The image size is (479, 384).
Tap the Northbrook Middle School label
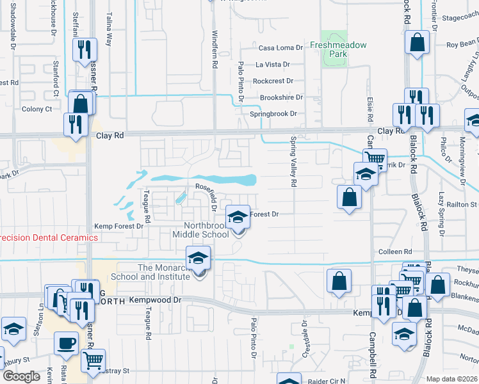(206, 230)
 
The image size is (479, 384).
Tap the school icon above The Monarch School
(198, 258)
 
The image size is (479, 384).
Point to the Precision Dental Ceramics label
(49, 237)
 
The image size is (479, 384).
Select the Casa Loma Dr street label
(279, 48)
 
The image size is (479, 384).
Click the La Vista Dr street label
(273, 65)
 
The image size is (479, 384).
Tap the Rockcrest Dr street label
(273, 81)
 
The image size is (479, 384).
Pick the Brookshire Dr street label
(280, 97)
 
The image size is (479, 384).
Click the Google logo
(21, 376)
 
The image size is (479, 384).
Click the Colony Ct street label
(37, 109)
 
